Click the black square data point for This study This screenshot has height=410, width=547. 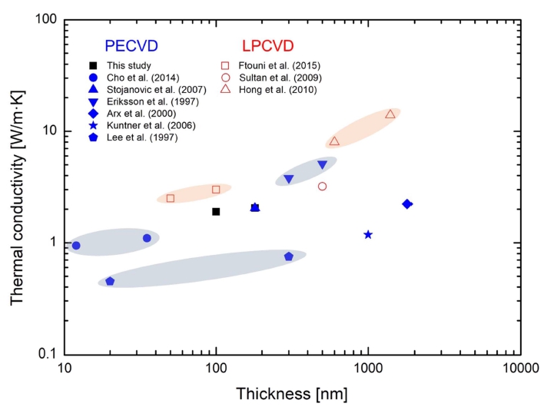pos(216,212)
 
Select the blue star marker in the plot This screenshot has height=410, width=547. pos(368,234)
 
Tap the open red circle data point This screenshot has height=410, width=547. pos(323,187)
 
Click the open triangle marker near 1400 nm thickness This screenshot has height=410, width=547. pos(390,114)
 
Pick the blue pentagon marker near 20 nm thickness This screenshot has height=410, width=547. pos(110,282)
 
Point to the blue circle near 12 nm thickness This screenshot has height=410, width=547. pos(75,246)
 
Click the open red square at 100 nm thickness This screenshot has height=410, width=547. pos(216,190)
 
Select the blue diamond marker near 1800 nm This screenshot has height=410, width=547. pos(407,204)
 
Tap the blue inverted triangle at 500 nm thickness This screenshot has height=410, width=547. pos(323,165)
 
